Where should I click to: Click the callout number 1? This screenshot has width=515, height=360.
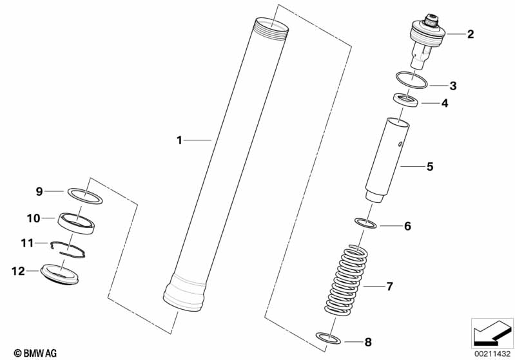coord(179,140)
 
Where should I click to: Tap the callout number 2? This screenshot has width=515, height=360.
coord(471,33)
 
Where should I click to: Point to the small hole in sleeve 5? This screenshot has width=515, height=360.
coord(400,144)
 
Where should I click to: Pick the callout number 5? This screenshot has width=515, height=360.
coord(430,167)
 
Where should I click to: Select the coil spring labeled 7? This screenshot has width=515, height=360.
coord(345,281)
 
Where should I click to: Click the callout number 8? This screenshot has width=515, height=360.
coord(368,342)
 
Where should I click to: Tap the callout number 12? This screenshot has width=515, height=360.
coord(18,271)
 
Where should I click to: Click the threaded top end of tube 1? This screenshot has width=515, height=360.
coord(271,29)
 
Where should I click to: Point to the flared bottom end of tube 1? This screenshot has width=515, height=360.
coord(184,293)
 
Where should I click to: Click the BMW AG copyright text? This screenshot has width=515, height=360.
coord(35,353)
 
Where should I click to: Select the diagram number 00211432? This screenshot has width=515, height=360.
coord(492,354)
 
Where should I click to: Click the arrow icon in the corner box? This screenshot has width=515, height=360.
coord(492,333)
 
